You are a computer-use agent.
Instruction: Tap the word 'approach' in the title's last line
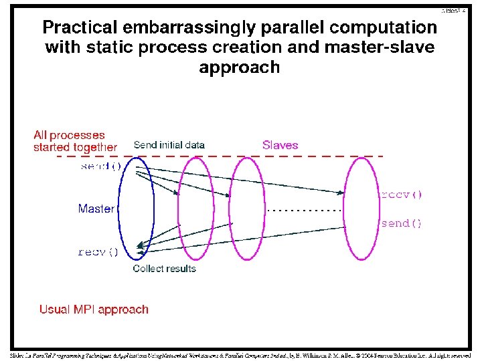click(239, 68)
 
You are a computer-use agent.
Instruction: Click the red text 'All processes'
click(69, 135)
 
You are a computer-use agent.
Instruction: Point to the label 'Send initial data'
click(169, 144)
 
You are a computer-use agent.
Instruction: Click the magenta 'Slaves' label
click(280, 145)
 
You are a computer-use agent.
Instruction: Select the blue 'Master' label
click(96, 209)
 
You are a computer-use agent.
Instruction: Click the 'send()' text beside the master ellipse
click(100, 166)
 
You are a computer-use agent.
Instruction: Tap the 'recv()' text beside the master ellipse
click(98, 252)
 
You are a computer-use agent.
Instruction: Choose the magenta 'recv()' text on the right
click(402, 195)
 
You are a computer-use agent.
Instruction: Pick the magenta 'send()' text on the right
click(402, 223)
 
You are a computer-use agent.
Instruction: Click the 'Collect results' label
click(165, 269)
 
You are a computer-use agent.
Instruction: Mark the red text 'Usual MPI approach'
click(94, 309)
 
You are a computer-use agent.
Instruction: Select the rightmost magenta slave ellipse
click(362, 207)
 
